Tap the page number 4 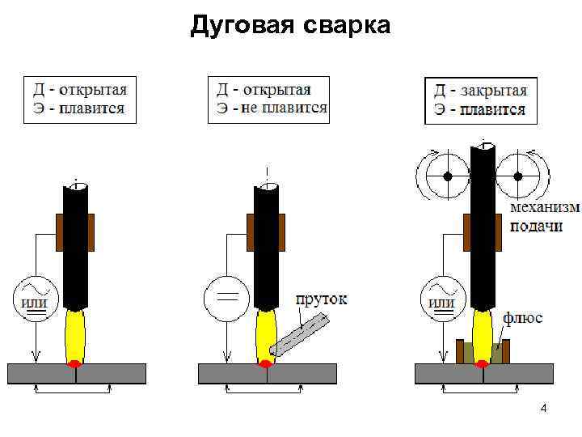(x=543, y=409)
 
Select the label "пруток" (x=321, y=299)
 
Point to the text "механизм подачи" (x=544, y=216)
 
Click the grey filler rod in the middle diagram (x=300, y=335)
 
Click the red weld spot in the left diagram (x=74, y=361)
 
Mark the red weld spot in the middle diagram (x=265, y=361)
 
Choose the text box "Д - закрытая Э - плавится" (x=480, y=100)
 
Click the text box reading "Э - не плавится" (x=268, y=100)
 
